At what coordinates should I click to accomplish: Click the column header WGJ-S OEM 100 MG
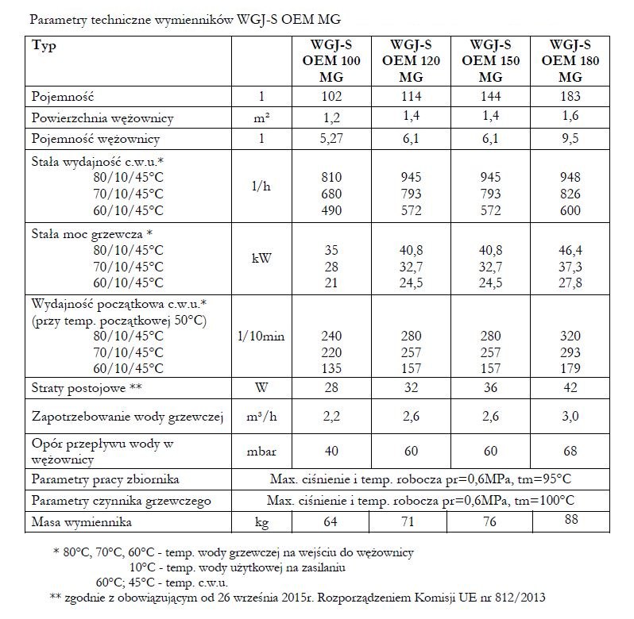pos(332,60)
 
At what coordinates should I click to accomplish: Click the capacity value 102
pos(332,96)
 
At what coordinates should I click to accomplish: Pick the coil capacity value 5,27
pos(332,139)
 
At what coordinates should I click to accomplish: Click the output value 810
pos(332,176)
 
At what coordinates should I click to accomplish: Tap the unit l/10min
pos(261,336)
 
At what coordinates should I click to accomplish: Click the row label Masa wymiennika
pos(82,523)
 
